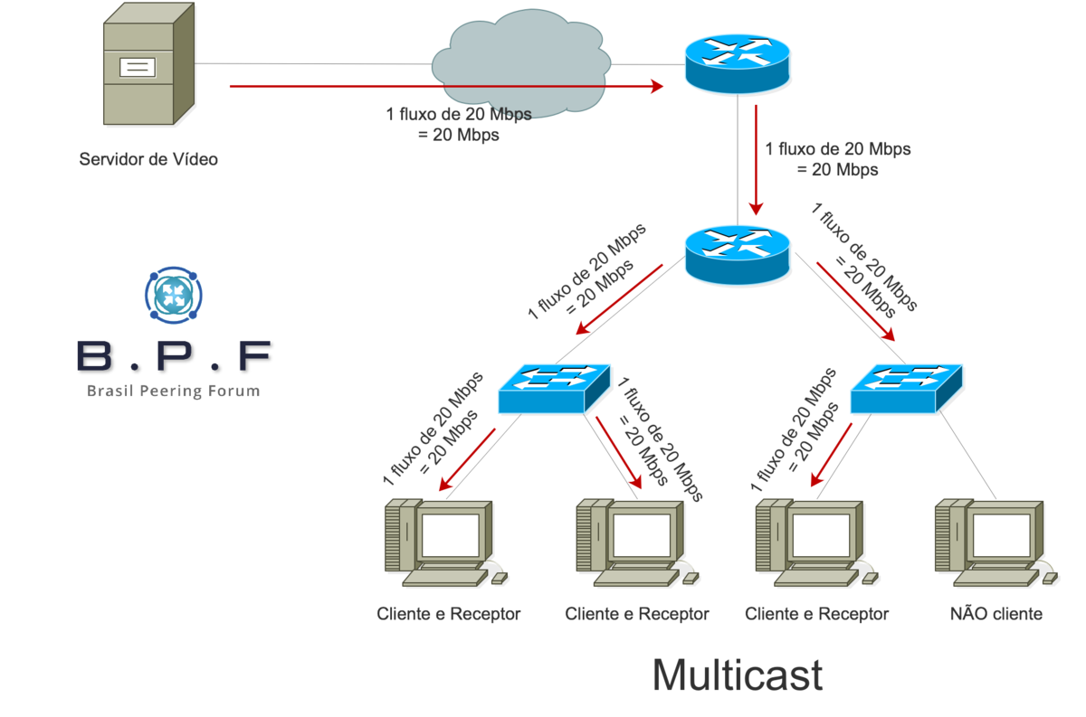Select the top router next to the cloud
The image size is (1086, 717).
click(x=737, y=61)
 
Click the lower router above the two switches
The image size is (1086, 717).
click(x=738, y=253)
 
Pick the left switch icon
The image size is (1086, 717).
click(x=554, y=388)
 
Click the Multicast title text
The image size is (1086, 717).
click(x=737, y=675)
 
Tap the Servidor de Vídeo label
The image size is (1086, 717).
click(x=148, y=160)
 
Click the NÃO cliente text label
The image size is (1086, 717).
click(x=995, y=614)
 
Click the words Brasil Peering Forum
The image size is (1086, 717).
click(x=173, y=392)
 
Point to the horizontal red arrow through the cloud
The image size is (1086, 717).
click(x=443, y=87)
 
